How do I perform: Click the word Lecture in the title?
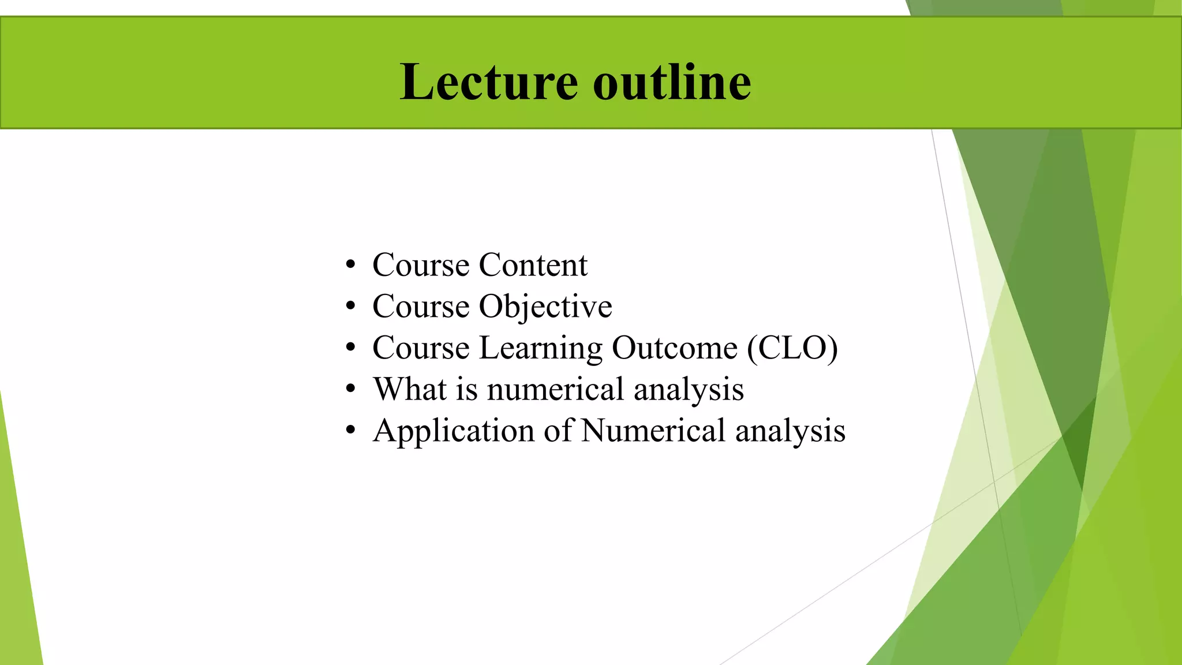pyautogui.click(x=488, y=82)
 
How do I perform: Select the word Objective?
pyautogui.click(x=545, y=307)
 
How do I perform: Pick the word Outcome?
pyautogui.click(x=674, y=348)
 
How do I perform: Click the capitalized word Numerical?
pyautogui.click(x=653, y=431)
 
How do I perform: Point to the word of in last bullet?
pyautogui.click(x=558, y=431)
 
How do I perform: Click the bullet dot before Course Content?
pyautogui.click(x=350, y=266)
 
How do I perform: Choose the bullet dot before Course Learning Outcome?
pyautogui.click(x=350, y=349)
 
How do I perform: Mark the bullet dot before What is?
pyautogui.click(x=350, y=390)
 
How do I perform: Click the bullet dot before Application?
pyautogui.click(x=350, y=431)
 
